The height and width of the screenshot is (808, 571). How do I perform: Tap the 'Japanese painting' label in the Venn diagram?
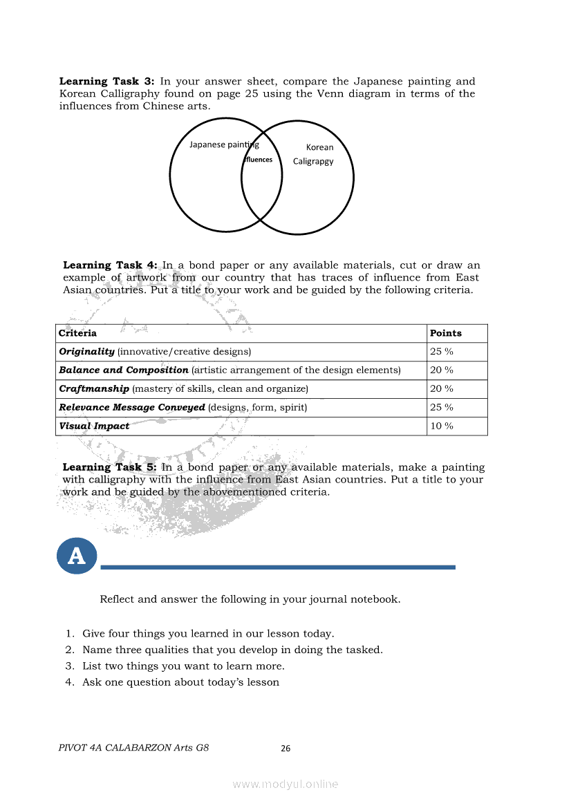[x=224, y=144]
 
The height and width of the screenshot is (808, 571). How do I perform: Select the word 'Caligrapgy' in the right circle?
[x=313, y=161]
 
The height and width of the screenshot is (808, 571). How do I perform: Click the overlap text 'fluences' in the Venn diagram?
[x=259, y=160]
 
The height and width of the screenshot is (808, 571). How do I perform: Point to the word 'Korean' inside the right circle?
[x=319, y=147]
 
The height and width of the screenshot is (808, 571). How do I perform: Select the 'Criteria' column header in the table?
[x=77, y=333]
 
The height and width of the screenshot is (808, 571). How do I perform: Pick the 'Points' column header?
[x=446, y=333]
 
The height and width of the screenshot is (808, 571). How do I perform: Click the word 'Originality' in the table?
[x=87, y=352]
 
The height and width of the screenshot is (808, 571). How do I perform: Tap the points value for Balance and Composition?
[x=442, y=370]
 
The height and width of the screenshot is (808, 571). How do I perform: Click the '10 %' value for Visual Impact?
[x=442, y=426]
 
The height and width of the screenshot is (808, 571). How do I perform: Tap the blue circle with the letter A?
[x=77, y=555]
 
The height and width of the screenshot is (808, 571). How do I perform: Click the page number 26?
[x=285, y=749]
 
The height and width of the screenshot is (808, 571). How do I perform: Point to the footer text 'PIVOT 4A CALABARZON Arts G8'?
[x=134, y=748]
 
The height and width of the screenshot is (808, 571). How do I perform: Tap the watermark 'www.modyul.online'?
[x=285, y=784]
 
